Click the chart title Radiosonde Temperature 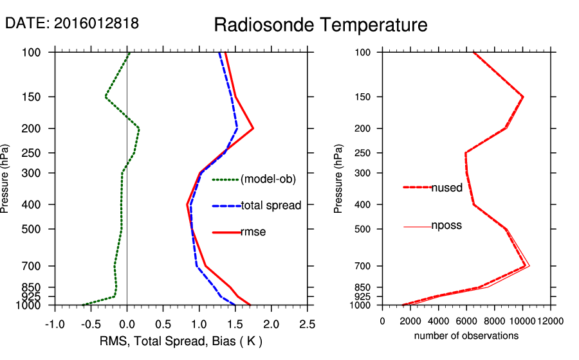point(320,25)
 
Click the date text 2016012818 point(96,23)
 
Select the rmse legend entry point(253,232)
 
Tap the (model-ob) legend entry point(268,179)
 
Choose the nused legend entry point(446,188)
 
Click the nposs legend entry point(446,226)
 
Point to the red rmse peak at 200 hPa point(253,129)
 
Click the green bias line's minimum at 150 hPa point(106,96)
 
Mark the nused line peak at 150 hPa point(523,96)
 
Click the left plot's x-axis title point(181,340)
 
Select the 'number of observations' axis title point(466,336)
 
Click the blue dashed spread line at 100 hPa point(219,53)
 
